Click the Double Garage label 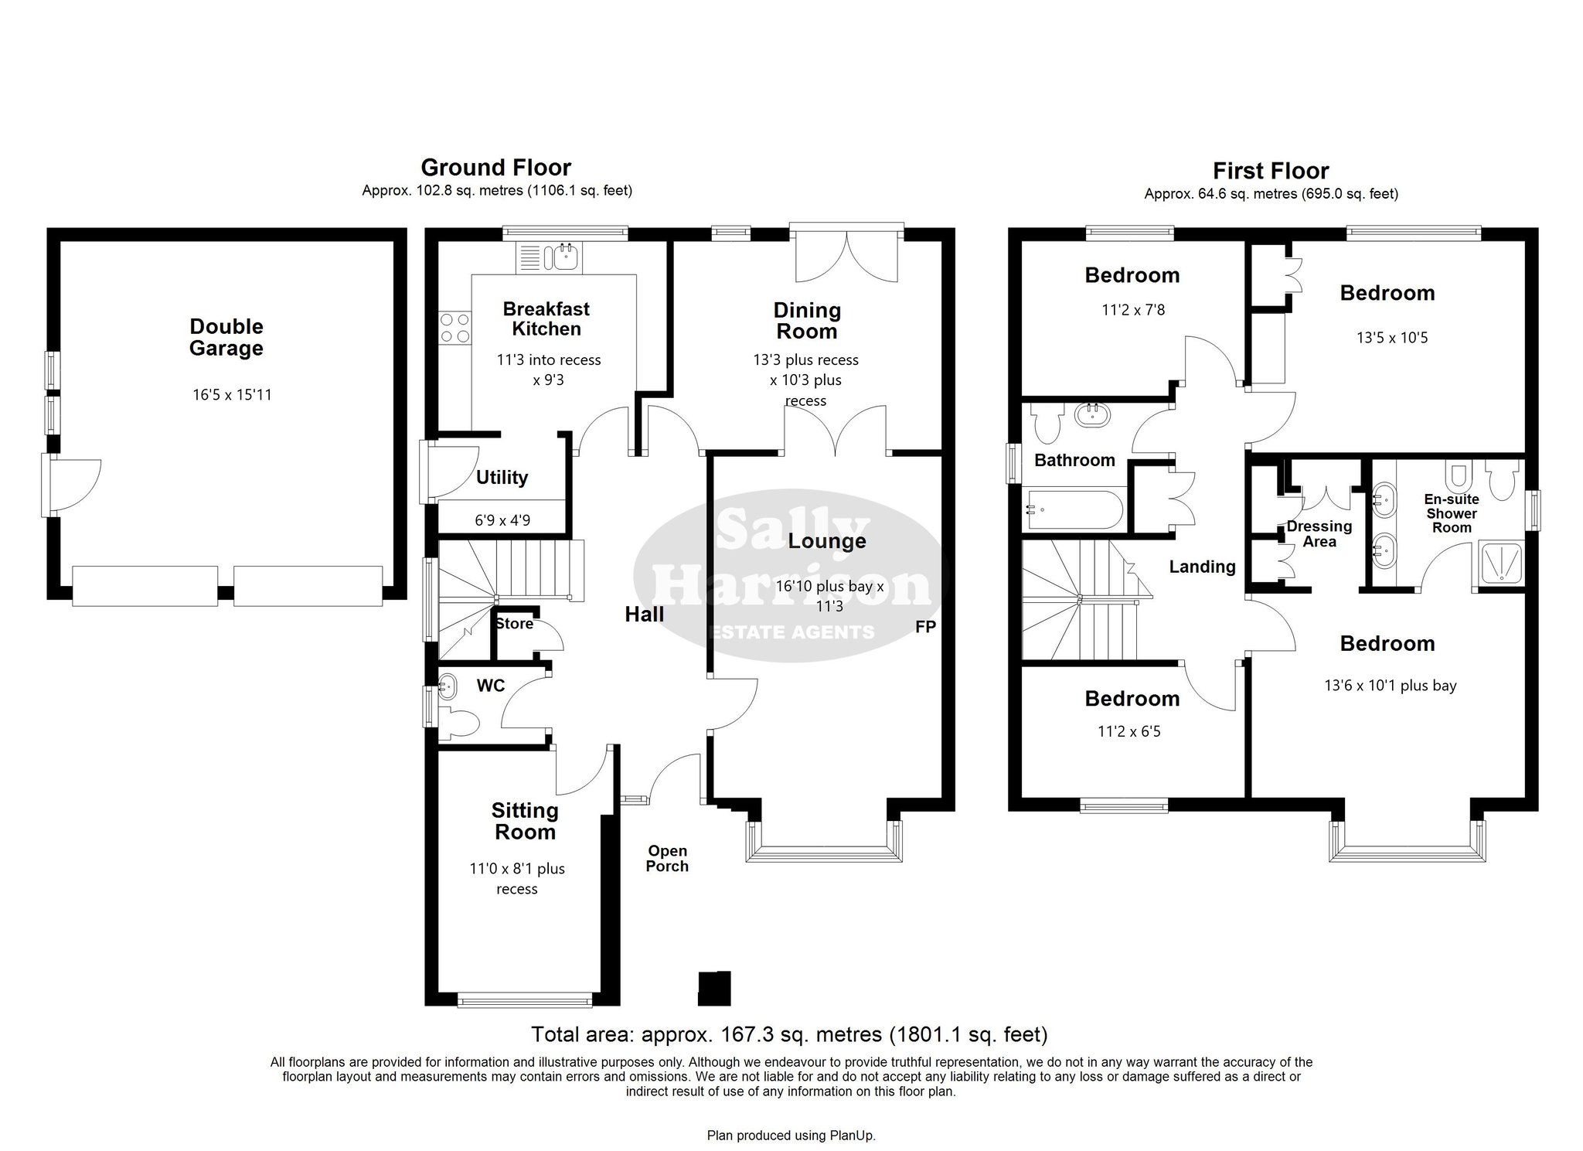point(226,337)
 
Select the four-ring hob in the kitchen point(454,327)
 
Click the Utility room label point(502,477)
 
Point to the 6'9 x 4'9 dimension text point(502,520)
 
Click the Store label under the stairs point(515,624)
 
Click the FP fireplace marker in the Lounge point(925,627)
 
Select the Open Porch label point(667,859)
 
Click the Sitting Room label point(525,821)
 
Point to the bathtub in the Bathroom point(1074,509)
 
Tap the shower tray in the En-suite point(1500,562)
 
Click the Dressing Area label point(1319,533)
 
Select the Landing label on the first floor point(1202,567)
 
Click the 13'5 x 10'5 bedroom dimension point(1392,338)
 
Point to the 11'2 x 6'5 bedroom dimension point(1129,730)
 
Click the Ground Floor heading point(496,167)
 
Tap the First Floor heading point(1271,170)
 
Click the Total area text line point(789,1034)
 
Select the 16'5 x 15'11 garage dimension point(232,395)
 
